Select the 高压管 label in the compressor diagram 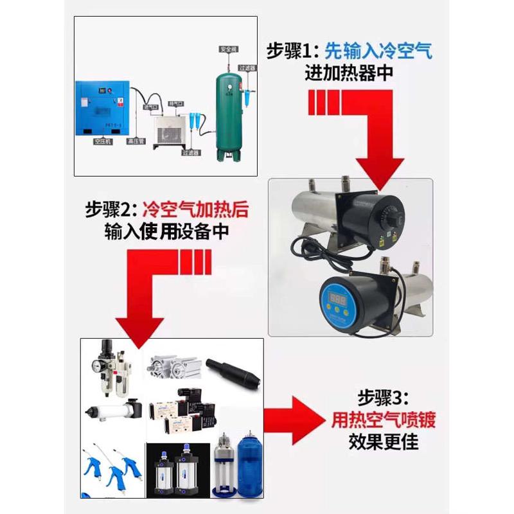click(136, 141)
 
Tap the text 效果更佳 click(384, 443)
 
